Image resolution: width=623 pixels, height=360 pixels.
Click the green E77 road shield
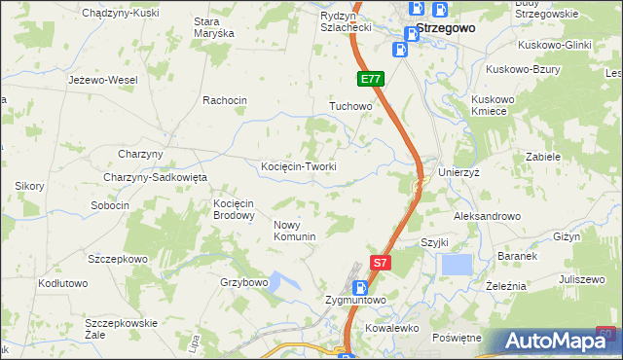click(370, 79)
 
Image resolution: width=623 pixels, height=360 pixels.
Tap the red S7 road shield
click(383, 263)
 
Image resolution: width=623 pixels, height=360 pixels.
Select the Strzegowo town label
click(446, 29)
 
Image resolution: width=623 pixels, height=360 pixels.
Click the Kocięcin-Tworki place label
click(299, 166)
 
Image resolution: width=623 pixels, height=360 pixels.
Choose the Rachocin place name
click(225, 100)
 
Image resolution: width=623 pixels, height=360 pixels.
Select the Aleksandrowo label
click(488, 216)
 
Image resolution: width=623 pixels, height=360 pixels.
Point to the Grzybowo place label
click(244, 283)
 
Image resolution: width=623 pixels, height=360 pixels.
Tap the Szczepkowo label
click(118, 259)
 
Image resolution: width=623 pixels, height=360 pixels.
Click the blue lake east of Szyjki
click(456, 264)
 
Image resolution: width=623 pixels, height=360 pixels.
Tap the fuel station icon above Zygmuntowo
click(360, 287)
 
